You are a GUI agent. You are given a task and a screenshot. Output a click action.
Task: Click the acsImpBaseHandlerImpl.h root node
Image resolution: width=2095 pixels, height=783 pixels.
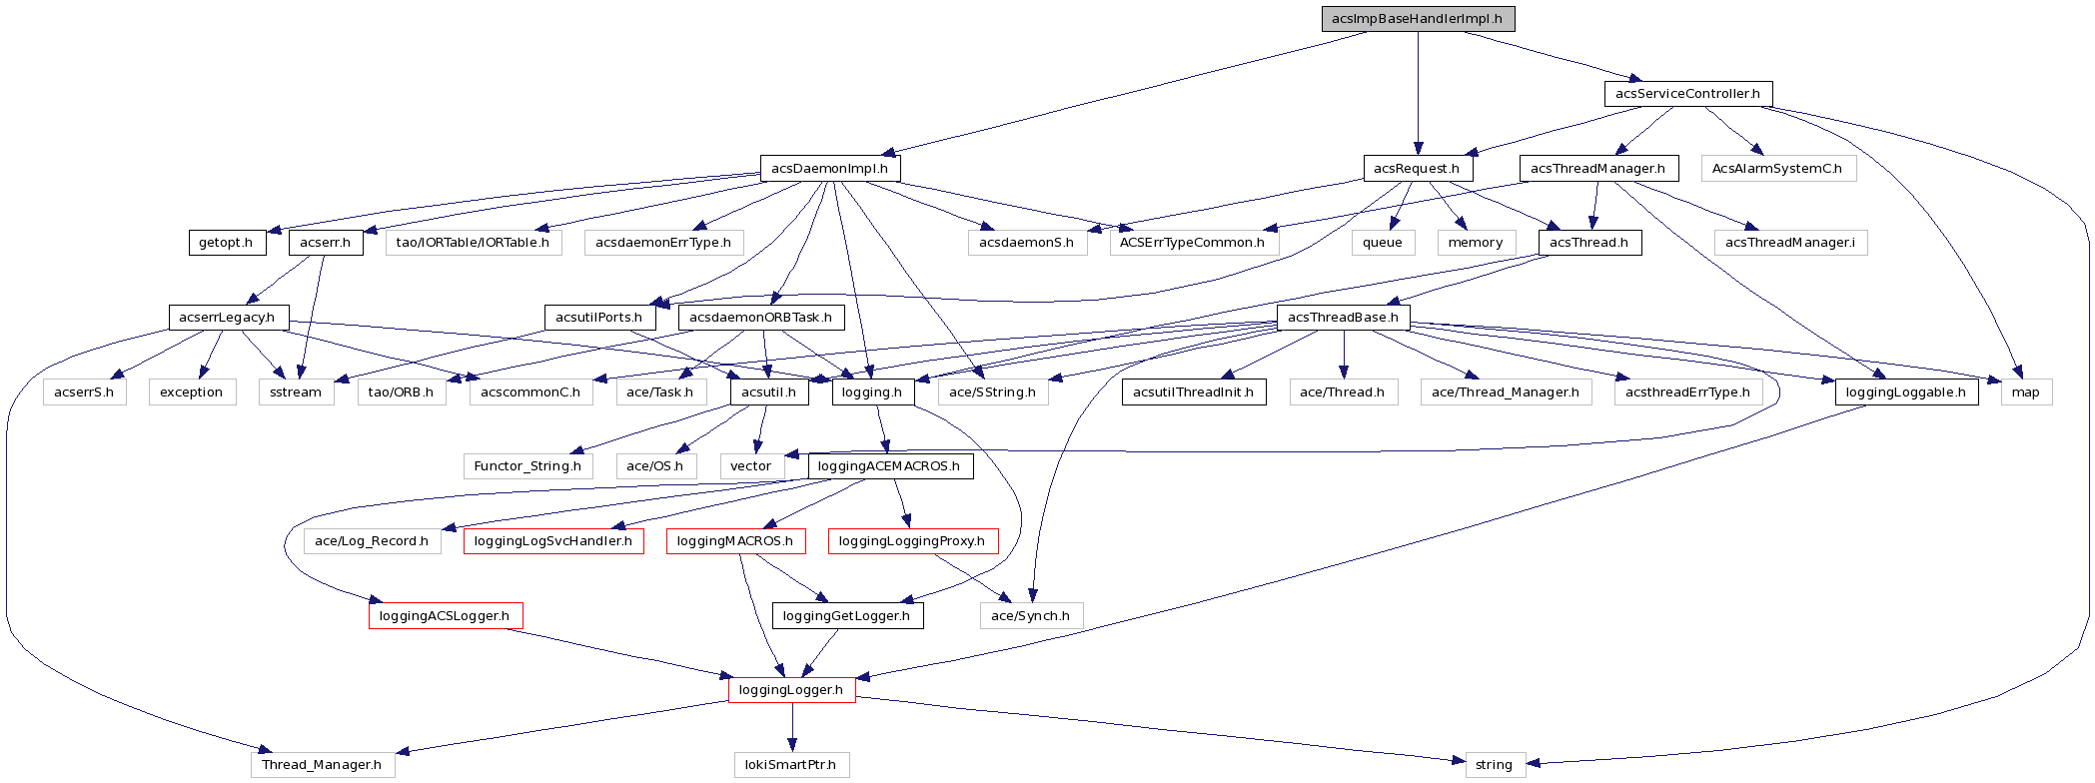click(x=1418, y=19)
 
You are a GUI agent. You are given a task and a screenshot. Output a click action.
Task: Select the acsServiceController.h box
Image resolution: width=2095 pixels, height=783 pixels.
click(x=1687, y=94)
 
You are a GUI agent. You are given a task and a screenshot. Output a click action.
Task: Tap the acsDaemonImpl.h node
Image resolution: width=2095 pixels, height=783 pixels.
click(x=829, y=169)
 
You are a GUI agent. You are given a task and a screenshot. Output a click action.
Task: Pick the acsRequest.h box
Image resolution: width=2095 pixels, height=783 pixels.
click(x=1417, y=169)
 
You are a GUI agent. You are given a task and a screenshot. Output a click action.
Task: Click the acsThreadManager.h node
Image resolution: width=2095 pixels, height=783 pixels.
click(x=1597, y=169)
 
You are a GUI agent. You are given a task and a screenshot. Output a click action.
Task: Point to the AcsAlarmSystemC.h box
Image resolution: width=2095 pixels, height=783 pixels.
click(x=1777, y=169)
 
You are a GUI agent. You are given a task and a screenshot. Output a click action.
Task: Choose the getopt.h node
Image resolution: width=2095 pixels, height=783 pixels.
click(x=226, y=243)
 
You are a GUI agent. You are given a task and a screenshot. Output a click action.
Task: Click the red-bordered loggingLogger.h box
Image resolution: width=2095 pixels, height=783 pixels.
click(x=791, y=690)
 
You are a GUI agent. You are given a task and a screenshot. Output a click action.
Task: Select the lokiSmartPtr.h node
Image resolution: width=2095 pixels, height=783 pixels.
click(x=791, y=765)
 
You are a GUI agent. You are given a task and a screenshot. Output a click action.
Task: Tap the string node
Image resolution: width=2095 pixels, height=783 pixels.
click(x=1495, y=765)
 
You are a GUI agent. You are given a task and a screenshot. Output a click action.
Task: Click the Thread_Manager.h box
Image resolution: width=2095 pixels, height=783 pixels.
click(x=322, y=765)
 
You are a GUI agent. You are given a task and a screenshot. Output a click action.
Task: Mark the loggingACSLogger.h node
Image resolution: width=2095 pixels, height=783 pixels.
click(x=445, y=616)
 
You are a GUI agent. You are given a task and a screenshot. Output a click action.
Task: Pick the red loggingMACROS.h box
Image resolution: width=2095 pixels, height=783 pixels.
click(x=735, y=541)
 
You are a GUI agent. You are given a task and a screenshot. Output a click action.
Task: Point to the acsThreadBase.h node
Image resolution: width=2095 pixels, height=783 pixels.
click(x=1343, y=318)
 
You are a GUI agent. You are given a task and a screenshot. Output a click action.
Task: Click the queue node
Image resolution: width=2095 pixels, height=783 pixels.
click(x=1383, y=243)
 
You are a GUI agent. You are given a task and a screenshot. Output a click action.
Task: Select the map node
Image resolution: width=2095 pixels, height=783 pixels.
click(x=2025, y=392)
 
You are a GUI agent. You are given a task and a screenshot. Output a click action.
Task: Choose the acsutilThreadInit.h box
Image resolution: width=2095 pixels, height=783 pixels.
click(x=1193, y=392)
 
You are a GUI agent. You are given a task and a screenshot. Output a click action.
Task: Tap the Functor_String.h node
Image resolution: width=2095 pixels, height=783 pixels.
click(x=527, y=466)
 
